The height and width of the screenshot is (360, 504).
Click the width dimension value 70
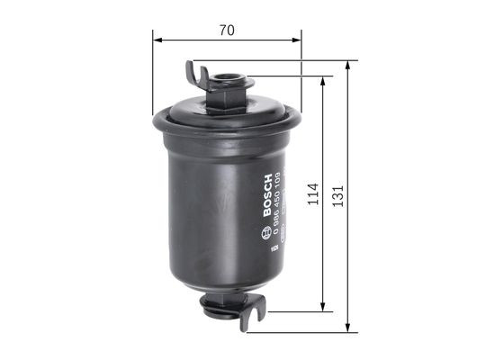[227, 30]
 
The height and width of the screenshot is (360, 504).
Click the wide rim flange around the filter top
[229, 116]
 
